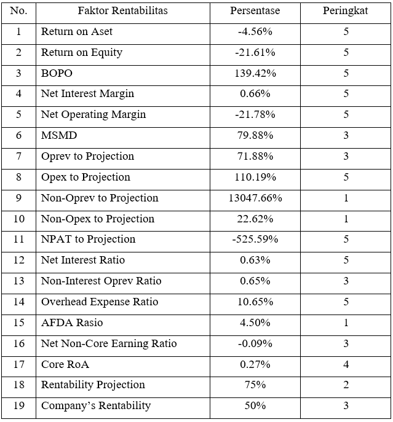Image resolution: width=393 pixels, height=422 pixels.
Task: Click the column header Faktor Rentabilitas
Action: coord(122,11)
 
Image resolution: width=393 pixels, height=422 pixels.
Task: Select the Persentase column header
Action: coord(255,11)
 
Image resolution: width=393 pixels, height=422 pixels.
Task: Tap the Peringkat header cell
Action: coord(346,11)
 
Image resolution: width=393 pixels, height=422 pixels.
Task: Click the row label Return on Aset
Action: coord(77,31)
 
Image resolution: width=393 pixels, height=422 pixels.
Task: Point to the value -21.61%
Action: coord(255,52)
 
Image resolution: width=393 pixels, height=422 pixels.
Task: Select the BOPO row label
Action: coord(57,73)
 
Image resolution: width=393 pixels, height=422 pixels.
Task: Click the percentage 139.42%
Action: coord(255,73)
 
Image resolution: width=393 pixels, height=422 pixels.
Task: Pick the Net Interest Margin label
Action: coord(87,94)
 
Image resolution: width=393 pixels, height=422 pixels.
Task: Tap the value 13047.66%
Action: coord(255,198)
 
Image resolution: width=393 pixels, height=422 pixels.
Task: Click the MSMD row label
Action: coord(59,135)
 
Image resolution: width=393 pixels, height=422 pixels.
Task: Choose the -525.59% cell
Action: coord(255,239)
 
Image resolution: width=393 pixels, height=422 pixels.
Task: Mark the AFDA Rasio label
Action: coord(72,322)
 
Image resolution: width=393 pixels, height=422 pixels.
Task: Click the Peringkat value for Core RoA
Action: coord(346,364)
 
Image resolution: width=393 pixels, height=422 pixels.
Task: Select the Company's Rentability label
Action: coord(96,405)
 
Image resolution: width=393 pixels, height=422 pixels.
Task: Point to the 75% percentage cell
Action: coord(255,385)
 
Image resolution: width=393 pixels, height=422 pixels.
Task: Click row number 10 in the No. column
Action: coord(18,219)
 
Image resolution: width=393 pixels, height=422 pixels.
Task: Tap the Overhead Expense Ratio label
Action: coord(100,302)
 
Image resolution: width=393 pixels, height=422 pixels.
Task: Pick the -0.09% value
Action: coord(255,343)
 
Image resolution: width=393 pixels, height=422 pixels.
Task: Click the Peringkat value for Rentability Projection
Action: coord(346,385)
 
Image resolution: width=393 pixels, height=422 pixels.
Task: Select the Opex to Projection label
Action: coord(85,177)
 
